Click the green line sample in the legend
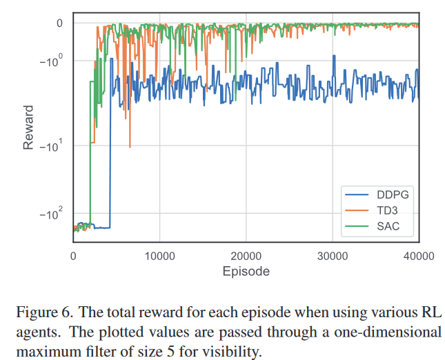pyautogui.click(x=356, y=226)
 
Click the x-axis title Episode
pyautogui.click(x=246, y=271)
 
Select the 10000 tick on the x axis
pyautogui.click(x=159, y=255)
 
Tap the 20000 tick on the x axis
pyautogui.click(x=246, y=255)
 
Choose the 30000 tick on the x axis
pyautogui.click(x=333, y=255)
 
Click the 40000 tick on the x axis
pyautogui.click(x=419, y=255)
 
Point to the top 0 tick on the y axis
pyautogui.click(x=60, y=23)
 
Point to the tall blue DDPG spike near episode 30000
pyautogui.click(x=335, y=57)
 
